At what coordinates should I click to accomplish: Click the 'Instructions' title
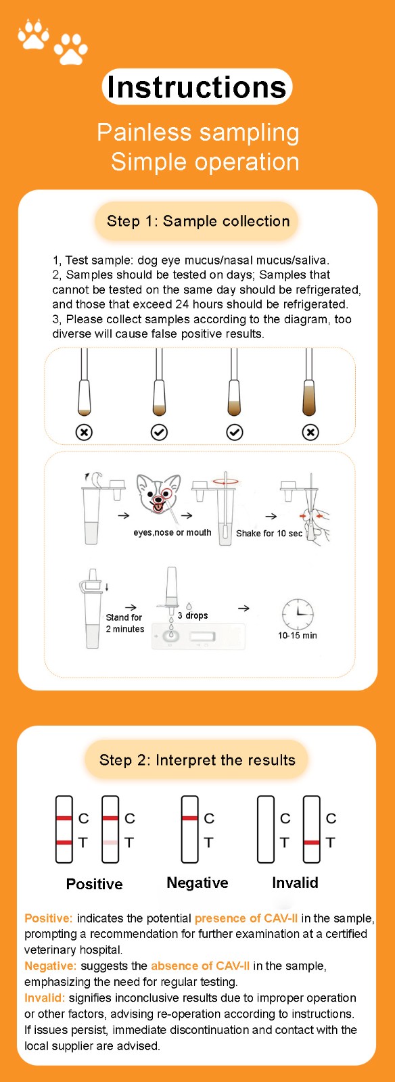click(x=197, y=87)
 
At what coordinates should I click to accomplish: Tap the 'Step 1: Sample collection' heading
click(x=198, y=221)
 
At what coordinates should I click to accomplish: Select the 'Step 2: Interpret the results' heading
click(x=197, y=760)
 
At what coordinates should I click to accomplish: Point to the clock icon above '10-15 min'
click(x=298, y=614)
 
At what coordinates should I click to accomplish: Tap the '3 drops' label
click(x=193, y=615)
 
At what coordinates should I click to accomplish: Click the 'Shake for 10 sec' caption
click(x=269, y=534)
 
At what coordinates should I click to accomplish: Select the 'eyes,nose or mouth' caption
click(x=172, y=532)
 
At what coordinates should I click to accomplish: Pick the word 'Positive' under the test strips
click(x=94, y=884)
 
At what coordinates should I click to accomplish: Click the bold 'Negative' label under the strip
click(x=197, y=883)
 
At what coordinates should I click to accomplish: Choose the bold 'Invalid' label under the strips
click(x=295, y=883)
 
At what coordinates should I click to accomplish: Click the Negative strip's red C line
click(x=190, y=818)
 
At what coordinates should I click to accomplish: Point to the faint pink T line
click(x=110, y=843)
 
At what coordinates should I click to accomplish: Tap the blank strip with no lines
click(x=266, y=829)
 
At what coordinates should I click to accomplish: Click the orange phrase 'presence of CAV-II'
click(x=246, y=918)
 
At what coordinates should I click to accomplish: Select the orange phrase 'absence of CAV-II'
click(x=200, y=966)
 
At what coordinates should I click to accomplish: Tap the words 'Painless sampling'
click(x=198, y=133)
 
